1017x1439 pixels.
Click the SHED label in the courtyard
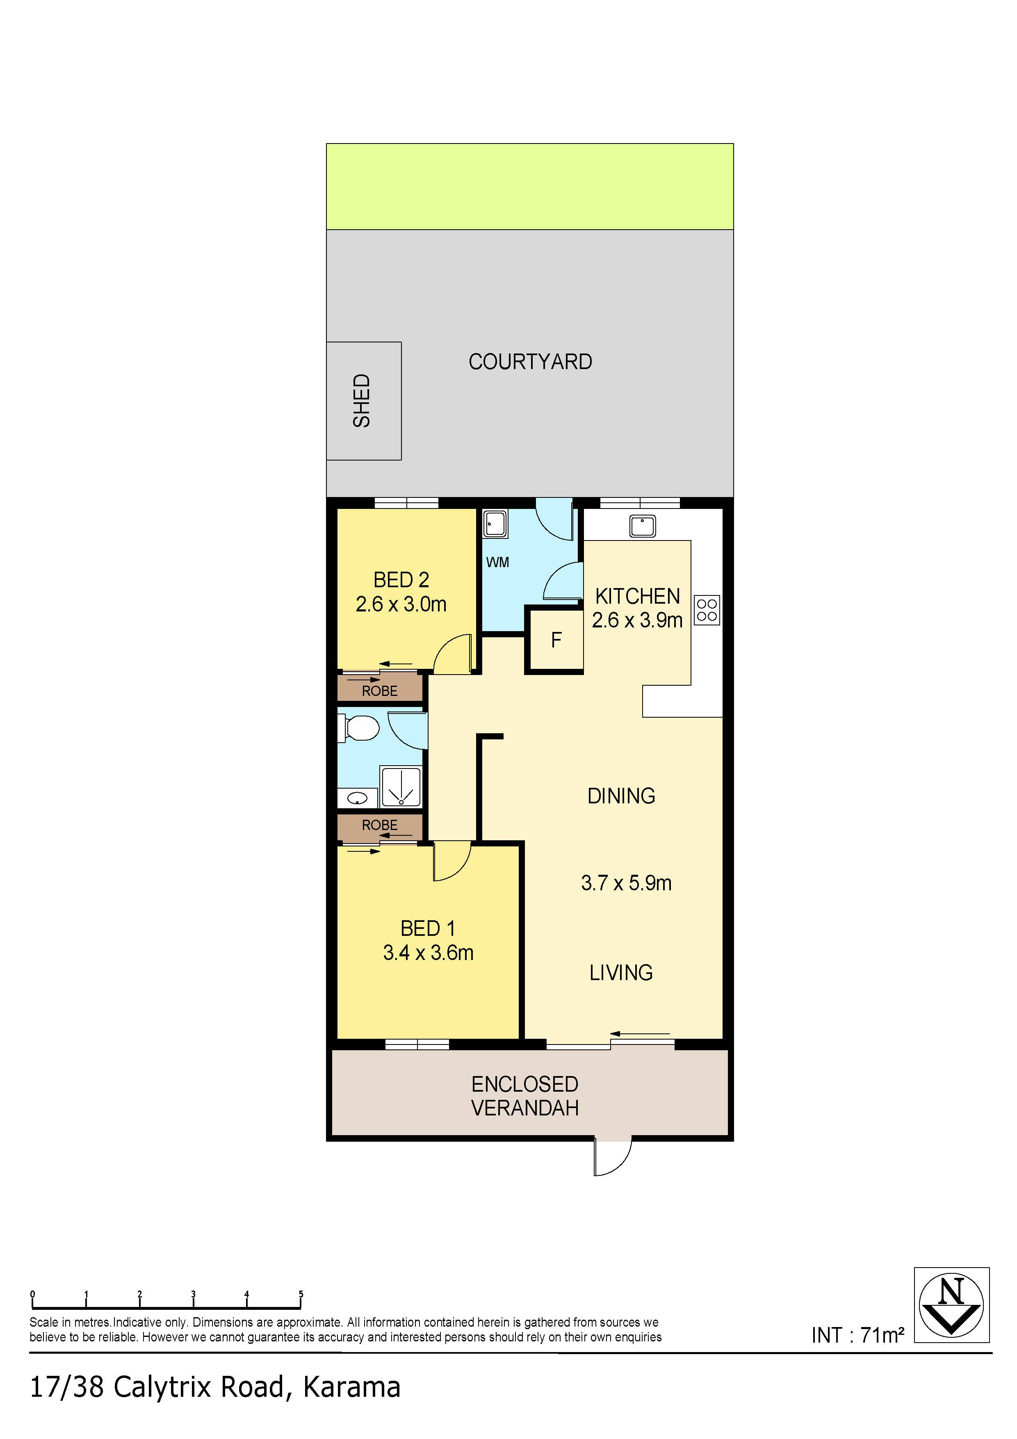(362, 401)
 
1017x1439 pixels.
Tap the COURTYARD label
(530, 362)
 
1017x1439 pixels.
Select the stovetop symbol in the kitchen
(707, 610)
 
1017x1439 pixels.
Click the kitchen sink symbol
(642, 526)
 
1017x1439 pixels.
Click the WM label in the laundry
(497, 562)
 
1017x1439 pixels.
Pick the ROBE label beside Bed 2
(380, 691)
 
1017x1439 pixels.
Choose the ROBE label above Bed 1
(380, 825)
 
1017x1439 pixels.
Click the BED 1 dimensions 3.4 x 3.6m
(428, 953)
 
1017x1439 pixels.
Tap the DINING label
(621, 796)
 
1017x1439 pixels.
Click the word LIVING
(621, 973)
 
